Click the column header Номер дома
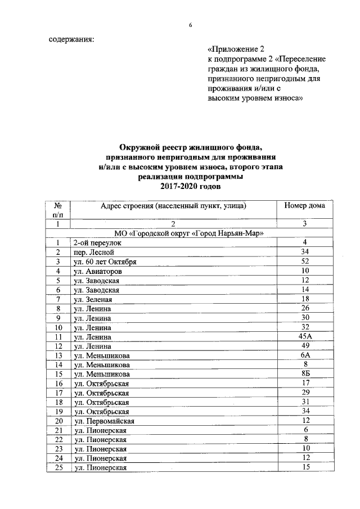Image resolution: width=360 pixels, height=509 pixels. tap(304, 206)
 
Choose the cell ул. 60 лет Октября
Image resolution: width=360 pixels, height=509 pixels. tap(103, 262)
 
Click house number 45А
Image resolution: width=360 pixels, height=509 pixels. tap(304, 336)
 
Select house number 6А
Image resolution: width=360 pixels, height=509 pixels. tap(304, 355)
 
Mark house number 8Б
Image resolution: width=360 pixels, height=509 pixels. tap(304, 374)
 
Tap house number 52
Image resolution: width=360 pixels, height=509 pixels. tap(304, 262)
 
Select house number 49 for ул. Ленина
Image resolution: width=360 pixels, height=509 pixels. tap(304, 346)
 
